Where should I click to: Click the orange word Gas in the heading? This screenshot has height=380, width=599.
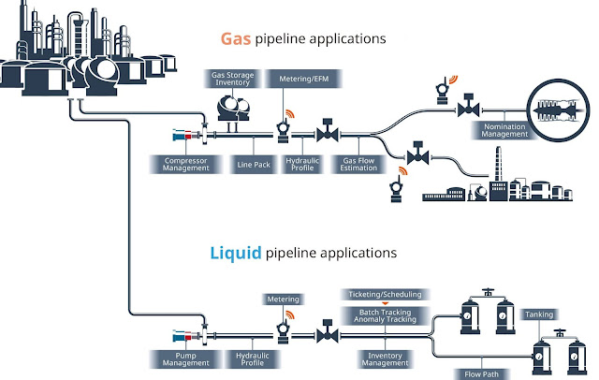point(235,39)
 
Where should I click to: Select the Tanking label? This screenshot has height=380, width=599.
point(542,314)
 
